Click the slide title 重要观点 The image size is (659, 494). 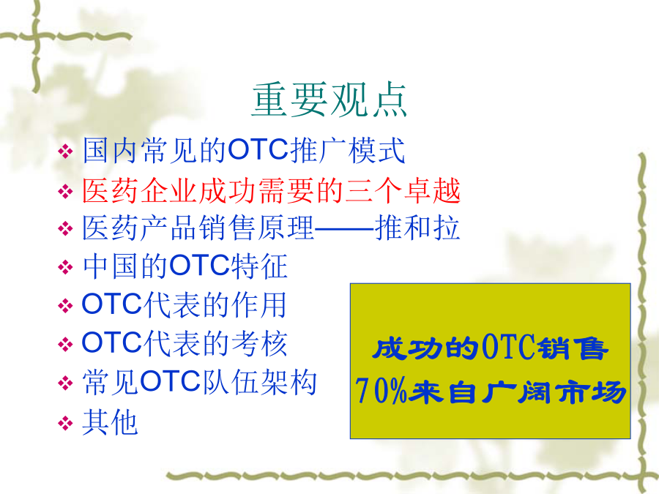(329, 100)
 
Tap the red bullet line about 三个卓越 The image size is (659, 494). (272, 191)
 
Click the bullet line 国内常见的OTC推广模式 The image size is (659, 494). (244, 150)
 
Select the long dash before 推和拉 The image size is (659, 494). (344, 229)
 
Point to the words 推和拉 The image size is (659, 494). (417, 228)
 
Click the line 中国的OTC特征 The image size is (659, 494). (185, 266)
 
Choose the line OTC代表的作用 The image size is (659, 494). (184, 304)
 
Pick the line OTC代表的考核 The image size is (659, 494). (184, 344)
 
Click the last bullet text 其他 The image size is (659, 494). (110, 422)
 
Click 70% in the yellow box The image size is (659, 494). (381, 391)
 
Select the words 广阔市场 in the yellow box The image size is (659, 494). (553, 392)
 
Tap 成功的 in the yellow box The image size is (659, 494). (425, 348)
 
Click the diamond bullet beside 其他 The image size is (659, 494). (65, 423)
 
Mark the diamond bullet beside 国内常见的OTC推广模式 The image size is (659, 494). (65, 151)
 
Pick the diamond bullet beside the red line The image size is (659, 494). (65, 192)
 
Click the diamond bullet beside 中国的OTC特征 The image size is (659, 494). (65, 267)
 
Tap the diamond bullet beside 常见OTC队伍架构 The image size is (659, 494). (65, 383)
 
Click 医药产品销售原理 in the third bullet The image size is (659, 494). (198, 228)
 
